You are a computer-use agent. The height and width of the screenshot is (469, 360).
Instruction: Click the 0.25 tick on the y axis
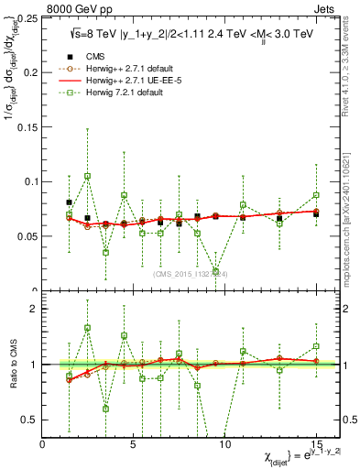pyautogui.click(x=28, y=18)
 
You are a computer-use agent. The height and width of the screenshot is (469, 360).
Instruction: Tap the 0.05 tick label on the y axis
pyautogui.click(x=28, y=235)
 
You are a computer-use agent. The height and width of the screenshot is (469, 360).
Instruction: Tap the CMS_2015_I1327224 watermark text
pyautogui.click(x=189, y=272)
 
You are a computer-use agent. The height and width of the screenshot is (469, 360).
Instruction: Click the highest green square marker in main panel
pyautogui.click(x=88, y=176)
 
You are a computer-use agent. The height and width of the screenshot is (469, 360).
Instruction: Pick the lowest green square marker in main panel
pyautogui.click(x=215, y=272)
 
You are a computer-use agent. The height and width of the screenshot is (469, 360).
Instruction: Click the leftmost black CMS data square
pyautogui.click(x=70, y=202)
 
